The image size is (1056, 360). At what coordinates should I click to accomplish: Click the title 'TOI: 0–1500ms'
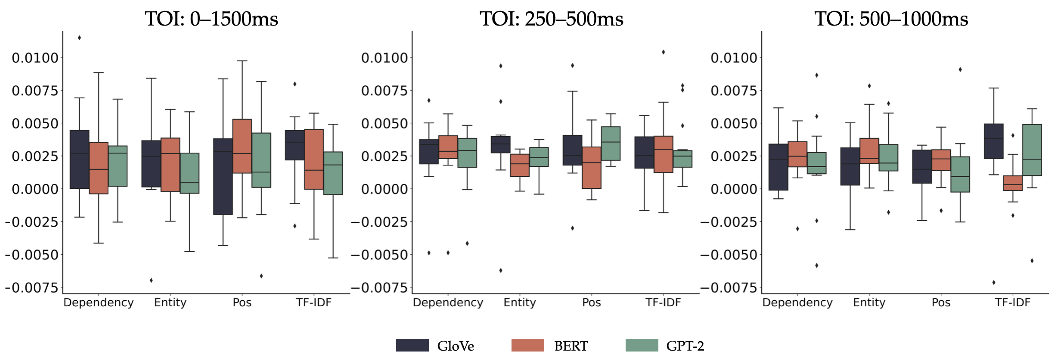[211, 19]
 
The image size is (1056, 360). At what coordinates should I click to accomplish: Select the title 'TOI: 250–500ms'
[551, 19]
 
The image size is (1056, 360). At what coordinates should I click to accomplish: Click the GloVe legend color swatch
[412, 345]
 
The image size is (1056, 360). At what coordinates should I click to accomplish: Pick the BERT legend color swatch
[528, 345]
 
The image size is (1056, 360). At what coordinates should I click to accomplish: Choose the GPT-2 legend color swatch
[642, 345]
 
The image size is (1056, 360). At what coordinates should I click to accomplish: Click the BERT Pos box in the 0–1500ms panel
[242, 146]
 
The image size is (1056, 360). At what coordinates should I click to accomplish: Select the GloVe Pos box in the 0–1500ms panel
[223, 176]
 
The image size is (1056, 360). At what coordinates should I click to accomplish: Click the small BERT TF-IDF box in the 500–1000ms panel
[1013, 183]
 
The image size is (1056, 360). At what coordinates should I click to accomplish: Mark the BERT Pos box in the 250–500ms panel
[591, 167]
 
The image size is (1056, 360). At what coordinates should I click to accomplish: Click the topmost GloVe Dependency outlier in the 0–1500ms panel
[79, 38]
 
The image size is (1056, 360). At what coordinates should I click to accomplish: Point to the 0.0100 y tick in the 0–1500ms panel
[35, 58]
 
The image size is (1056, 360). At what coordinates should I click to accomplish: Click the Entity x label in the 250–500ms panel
[519, 303]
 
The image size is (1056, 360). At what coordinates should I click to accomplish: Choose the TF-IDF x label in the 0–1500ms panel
[314, 303]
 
